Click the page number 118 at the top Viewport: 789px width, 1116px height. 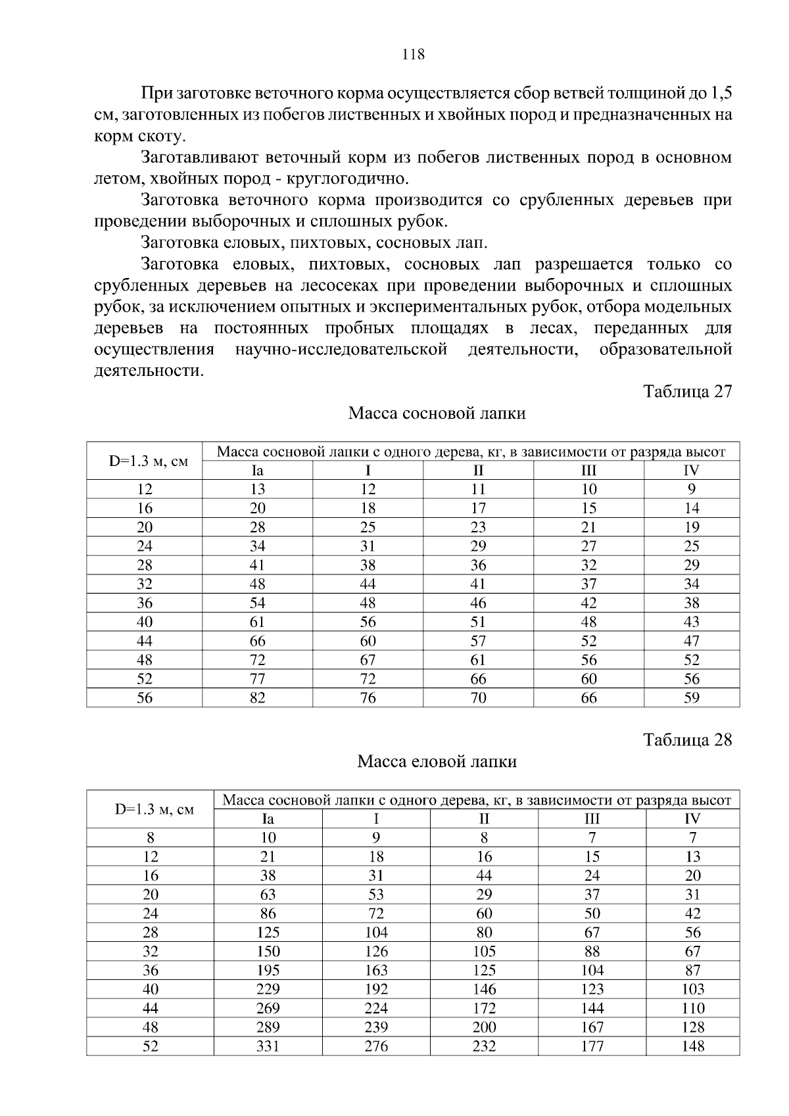(413, 55)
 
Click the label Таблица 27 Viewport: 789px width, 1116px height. (687, 392)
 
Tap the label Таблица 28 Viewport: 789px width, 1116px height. (687, 740)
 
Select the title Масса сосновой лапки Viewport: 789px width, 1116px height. (437, 413)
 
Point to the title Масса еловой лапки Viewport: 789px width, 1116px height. (437, 762)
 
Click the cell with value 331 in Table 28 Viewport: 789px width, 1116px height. (268, 1046)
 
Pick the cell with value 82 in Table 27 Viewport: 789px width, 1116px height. (257, 698)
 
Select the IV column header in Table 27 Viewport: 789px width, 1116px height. (691, 471)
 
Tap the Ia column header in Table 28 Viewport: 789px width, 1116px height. (268, 819)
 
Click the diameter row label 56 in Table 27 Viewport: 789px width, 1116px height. (145, 698)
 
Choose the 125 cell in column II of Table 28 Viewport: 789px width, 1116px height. (484, 970)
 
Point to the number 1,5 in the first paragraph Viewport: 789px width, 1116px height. (721, 93)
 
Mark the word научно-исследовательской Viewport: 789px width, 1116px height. (341, 350)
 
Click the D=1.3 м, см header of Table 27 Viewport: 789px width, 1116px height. (148, 461)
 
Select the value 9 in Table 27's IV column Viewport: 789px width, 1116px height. (691, 489)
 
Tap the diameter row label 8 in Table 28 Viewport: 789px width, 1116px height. (151, 838)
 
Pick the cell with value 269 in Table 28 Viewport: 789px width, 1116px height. (268, 1008)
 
